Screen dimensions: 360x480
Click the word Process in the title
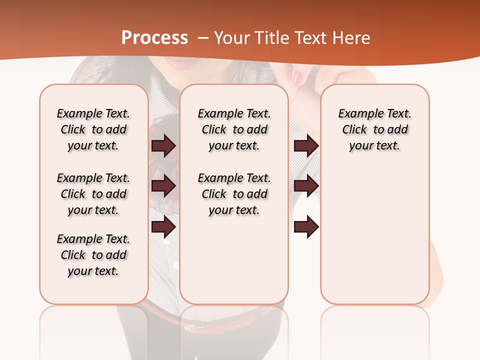click(x=154, y=38)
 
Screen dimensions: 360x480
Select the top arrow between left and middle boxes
click(x=163, y=145)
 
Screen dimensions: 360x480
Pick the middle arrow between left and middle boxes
click(x=163, y=186)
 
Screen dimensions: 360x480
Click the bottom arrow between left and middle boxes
click(x=163, y=226)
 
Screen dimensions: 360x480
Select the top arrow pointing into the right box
click(x=306, y=145)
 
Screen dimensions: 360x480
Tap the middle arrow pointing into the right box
click(x=306, y=186)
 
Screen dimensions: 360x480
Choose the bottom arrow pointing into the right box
click(x=306, y=226)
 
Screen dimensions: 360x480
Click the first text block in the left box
click(x=93, y=129)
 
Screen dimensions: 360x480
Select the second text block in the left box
click(x=93, y=194)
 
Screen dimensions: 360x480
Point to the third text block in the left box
click(x=93, y=255)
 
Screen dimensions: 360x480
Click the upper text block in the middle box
click(x=234, y=129)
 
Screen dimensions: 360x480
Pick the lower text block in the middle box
click(x=234, y=194)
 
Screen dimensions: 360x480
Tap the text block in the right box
click(x=374, y=129)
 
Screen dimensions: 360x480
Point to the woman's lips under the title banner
click(x=178, y=63)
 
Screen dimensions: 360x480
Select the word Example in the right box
click(x=356, y=114)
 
